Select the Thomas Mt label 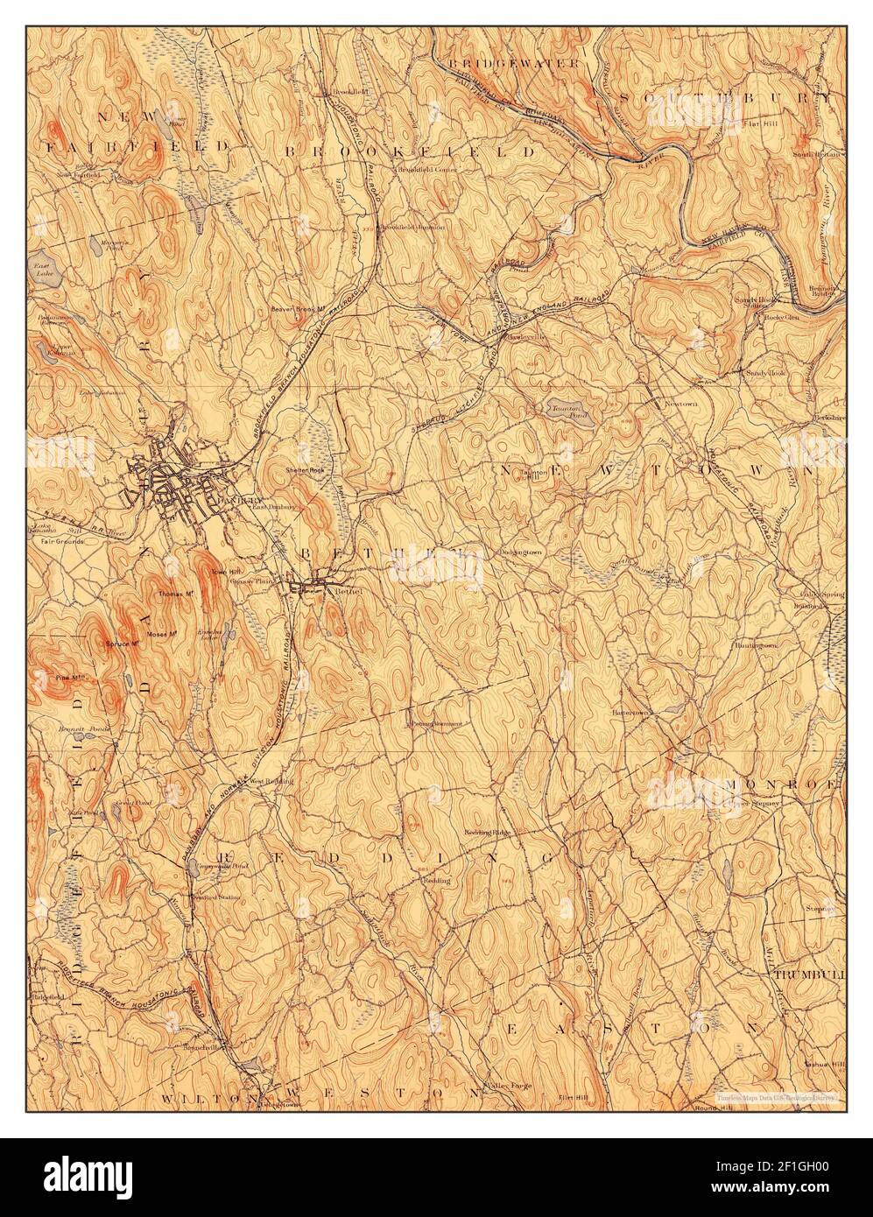175,594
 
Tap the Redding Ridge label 487,830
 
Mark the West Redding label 270,780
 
